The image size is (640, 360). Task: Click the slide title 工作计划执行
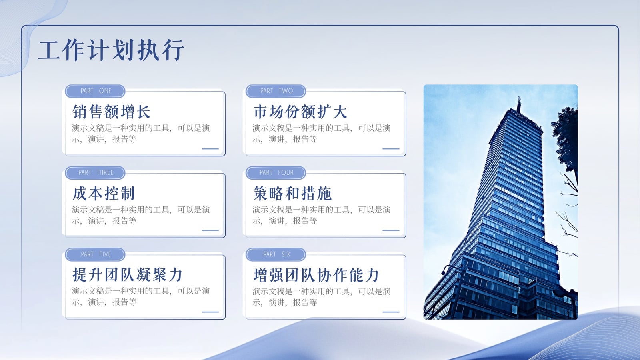point(111,50)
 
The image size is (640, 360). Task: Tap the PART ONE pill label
point(95,91)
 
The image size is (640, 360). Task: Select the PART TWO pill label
point(276,91)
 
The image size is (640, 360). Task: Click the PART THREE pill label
point(95,173)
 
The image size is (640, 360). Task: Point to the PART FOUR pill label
point(276,173)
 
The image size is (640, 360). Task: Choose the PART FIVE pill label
point(95,254)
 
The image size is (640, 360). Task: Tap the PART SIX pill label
point(276,254)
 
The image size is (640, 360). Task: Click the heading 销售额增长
point(111,112)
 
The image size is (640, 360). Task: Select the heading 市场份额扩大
point(300,112)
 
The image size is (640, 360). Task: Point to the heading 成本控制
point(104,194)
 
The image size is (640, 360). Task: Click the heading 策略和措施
point(292,194)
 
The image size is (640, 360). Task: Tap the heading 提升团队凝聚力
point(127,275)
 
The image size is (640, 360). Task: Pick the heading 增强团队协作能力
point(316,275)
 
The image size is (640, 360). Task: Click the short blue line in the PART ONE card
point(210,148)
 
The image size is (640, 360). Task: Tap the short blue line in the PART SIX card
point(391,312)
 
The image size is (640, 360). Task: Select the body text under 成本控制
point(141,215)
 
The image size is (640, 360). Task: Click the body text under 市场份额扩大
point(322,134)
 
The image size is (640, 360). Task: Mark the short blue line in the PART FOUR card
point(391,230)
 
